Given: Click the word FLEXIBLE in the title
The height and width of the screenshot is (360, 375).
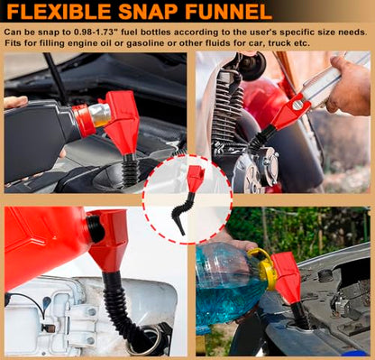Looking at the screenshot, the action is [x=59, y=11].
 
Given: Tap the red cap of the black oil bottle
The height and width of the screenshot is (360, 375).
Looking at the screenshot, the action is [x=84, y=121].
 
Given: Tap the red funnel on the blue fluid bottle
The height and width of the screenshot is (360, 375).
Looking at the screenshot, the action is [x=287, y=277].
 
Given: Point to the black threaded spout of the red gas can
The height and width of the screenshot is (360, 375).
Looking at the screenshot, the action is [x=96, y=229].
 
